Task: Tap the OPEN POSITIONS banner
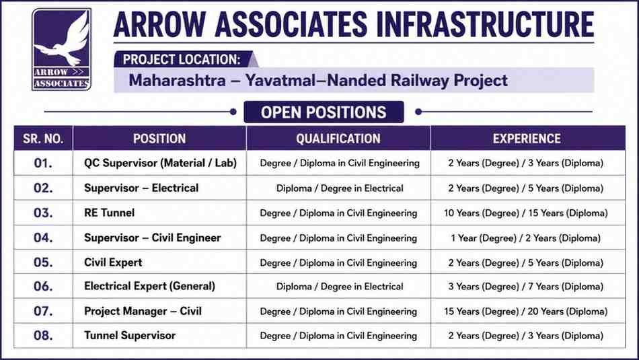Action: [x=324, y=112]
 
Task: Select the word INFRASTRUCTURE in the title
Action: [x=485, y=24]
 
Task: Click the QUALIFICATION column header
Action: [x=338, y=139]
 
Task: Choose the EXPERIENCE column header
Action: [x=527, y=139]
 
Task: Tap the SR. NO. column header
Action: [x=43, y=139]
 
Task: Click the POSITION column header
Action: [x=159, y=139]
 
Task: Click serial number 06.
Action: [x=43, y=286]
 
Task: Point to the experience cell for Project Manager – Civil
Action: [x=526, y=312]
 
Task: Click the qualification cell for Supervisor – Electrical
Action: [x=340, y=188]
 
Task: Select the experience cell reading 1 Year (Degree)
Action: [x=526, y=238]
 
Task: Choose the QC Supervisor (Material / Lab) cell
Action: [x=160, y=163]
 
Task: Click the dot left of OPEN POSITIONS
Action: [x=233, y=112]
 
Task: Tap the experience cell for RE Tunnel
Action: [x=526, y=213]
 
